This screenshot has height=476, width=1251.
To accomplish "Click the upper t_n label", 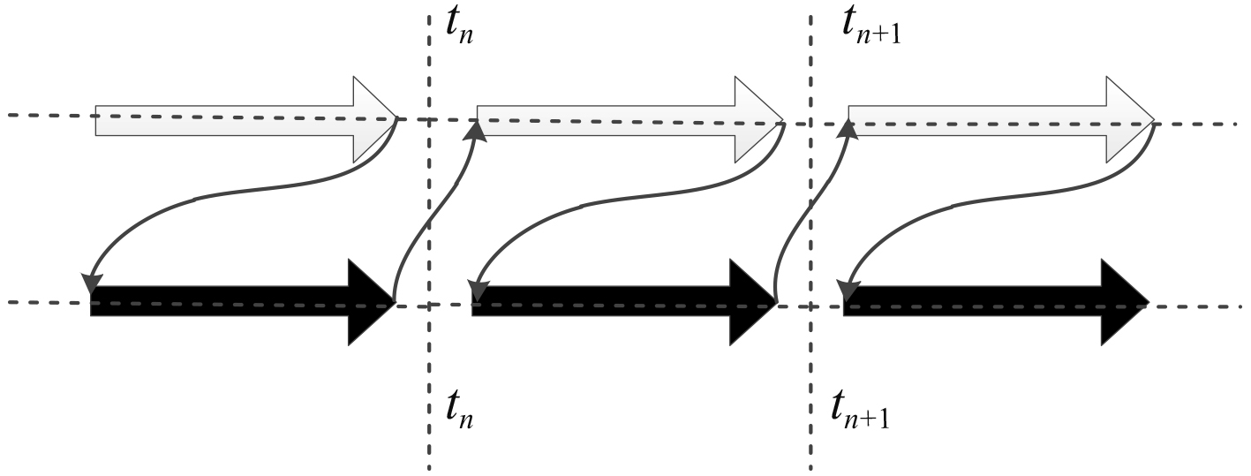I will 460,34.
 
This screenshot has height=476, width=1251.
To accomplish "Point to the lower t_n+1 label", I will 860,409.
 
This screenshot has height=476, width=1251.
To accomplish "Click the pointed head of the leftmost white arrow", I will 375,119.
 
